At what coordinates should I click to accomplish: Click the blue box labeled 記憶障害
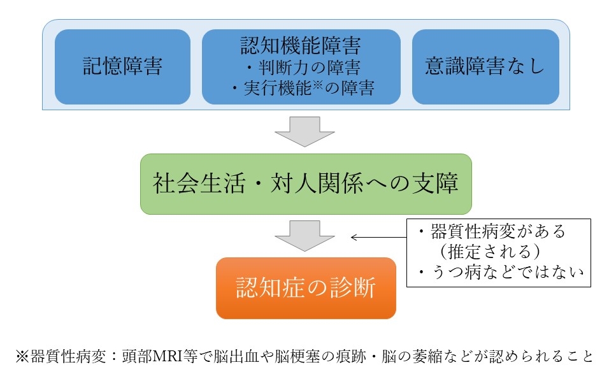click(x=122, y=67)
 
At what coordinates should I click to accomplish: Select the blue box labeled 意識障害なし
click(x=485, y=67)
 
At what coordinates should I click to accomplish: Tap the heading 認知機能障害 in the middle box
click(x=301, y=45)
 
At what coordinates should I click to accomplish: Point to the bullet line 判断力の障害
click(x=303, y=68)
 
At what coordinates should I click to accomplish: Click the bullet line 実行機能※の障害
click(x=303, y=88)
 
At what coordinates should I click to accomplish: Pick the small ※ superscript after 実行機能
click(x=318, y=85)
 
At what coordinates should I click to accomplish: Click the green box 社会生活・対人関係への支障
click(x=306, y=184)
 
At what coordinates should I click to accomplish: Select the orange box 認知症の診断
click(x=306, y=288)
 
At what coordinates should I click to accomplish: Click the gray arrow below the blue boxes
click(x=304, y=132)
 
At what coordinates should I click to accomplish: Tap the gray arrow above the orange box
click(x=304, y=236)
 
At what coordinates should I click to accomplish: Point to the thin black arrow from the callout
click(x=378, y=237)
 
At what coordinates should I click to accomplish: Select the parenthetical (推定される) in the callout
click(x=489, y=251)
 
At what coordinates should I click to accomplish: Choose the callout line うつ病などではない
click(x=501, y=272)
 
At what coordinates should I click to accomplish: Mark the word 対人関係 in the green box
click(x=317, y=183)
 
